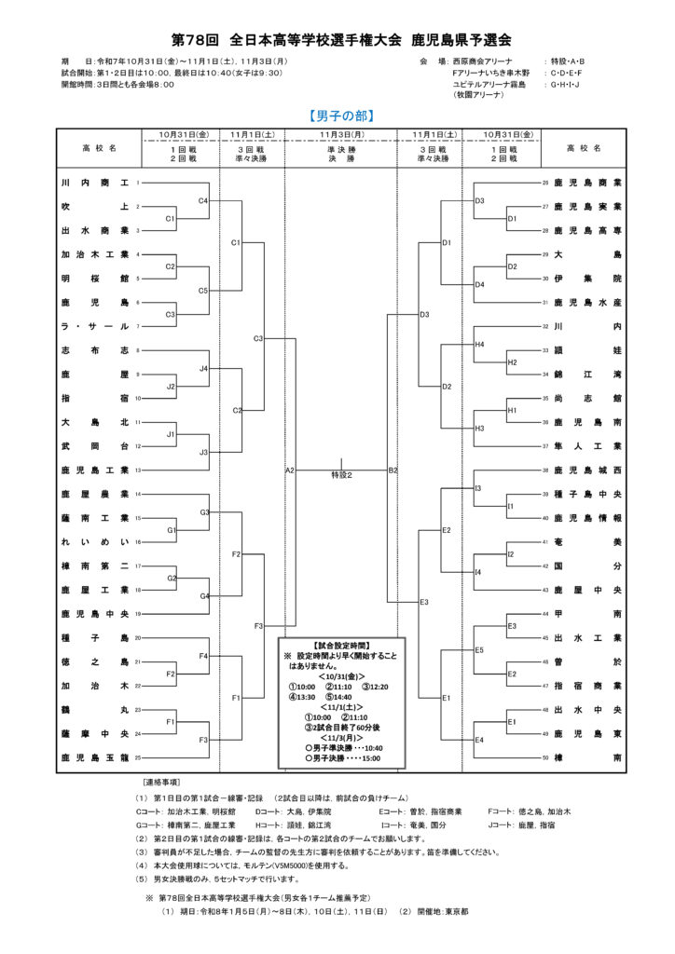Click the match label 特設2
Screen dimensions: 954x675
(341, 474)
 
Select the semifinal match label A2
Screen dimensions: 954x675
(290, 470)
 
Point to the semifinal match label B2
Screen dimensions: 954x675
(393, 470)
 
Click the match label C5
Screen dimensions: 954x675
(203, 290)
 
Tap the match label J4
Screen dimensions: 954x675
(203, 369)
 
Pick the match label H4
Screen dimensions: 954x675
(479, 345)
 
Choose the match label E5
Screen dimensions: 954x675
(479, 649)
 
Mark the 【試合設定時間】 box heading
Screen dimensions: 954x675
(342, 645)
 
